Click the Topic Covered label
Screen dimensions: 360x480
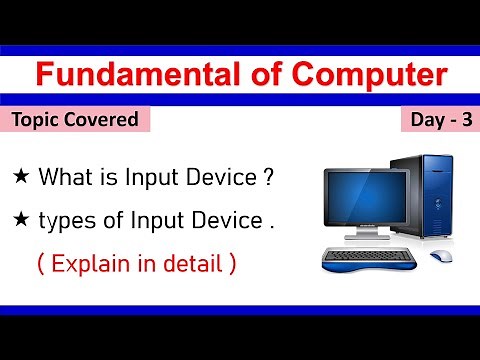(75, 120)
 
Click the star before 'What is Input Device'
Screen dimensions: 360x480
(21, 177)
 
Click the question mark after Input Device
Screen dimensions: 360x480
(268, 177)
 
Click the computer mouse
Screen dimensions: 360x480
(441, 257)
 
